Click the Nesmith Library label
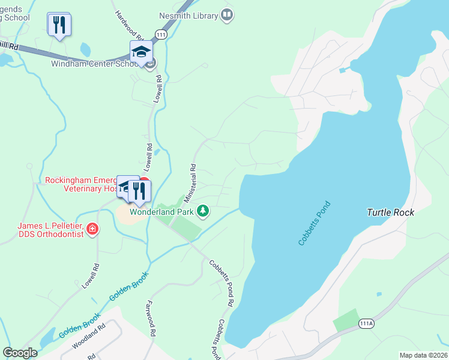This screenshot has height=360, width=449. click(188, 16)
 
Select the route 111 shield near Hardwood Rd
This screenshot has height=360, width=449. click(160, 35)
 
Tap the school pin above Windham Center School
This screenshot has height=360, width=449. click(140, 53)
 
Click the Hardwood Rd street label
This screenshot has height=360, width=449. click(127, 23)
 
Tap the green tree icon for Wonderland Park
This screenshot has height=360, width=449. click(203, 211)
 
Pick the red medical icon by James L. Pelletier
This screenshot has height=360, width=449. click(92, 229)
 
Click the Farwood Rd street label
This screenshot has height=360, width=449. click(150, 318)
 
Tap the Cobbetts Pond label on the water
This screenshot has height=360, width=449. click(315, 223)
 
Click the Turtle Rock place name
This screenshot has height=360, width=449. click(390, 213)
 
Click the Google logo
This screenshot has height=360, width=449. click(20, 353)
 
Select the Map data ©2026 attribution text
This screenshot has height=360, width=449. click(423, 355)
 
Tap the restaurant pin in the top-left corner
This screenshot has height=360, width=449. click(59, 25)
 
